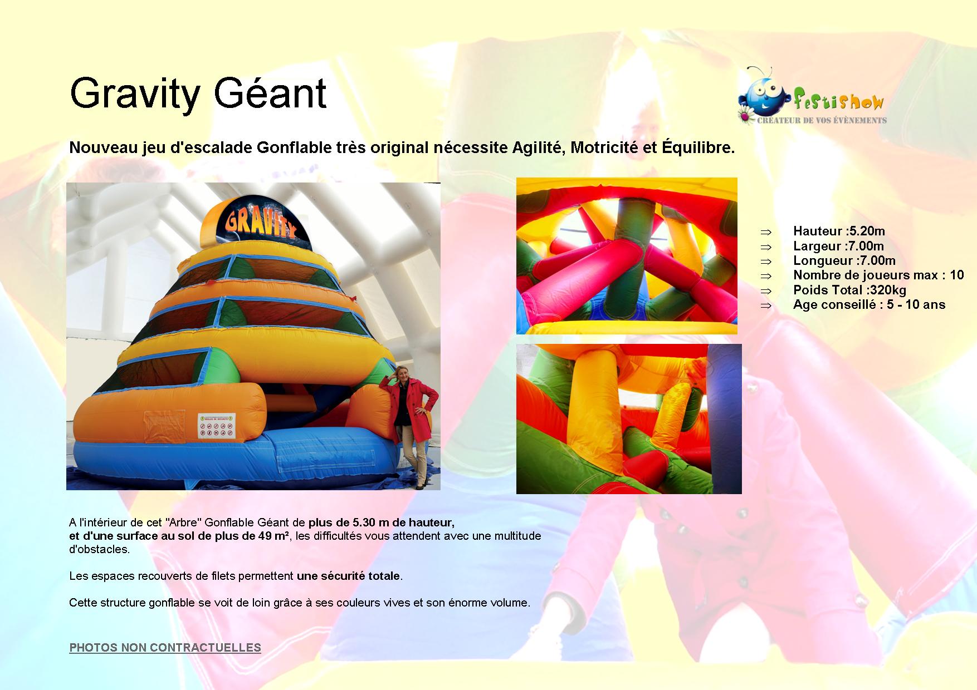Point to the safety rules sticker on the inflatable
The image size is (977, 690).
click(217, 426)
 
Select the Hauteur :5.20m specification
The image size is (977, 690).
click(839, 231)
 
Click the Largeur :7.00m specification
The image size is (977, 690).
click(838, 246)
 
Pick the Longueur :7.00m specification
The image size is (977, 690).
click(844, 260)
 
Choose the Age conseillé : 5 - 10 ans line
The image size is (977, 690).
click(869, 304)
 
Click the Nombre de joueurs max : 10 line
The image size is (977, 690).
click(878, 275)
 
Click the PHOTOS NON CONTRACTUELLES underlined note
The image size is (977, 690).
click(165, 648)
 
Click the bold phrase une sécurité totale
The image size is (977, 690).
click(348, 576)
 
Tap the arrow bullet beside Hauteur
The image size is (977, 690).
click(766, 231)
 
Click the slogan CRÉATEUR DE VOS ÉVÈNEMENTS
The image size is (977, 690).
click(822, 120)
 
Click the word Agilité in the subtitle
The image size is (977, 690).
click(537, 149)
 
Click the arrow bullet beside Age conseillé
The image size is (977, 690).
click(766, 305)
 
